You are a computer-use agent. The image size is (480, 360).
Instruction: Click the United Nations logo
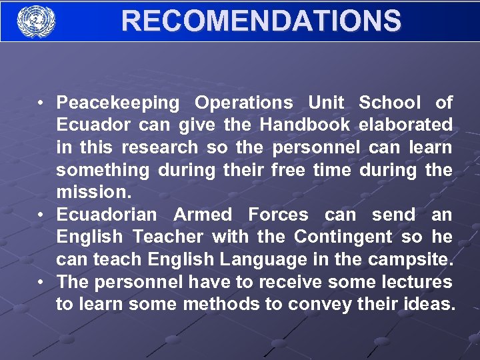(35, 21)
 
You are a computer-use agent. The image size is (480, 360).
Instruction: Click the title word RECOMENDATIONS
(261, 21)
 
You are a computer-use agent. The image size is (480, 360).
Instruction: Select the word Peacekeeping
(118, 103)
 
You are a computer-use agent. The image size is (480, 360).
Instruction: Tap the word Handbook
(305, 125)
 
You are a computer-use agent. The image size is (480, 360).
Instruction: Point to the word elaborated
(405, 125)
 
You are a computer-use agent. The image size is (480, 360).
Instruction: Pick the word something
(103, 170)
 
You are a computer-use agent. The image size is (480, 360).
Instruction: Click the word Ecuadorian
(107, 215)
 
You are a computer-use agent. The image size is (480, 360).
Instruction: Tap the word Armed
(203, 215)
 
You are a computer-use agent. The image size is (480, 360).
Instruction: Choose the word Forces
(278, 215)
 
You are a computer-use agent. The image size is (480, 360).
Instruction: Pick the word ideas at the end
(430, 305)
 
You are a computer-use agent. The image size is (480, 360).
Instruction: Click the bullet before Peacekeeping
(41, 103)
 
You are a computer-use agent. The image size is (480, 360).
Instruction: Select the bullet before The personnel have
(41, 282)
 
